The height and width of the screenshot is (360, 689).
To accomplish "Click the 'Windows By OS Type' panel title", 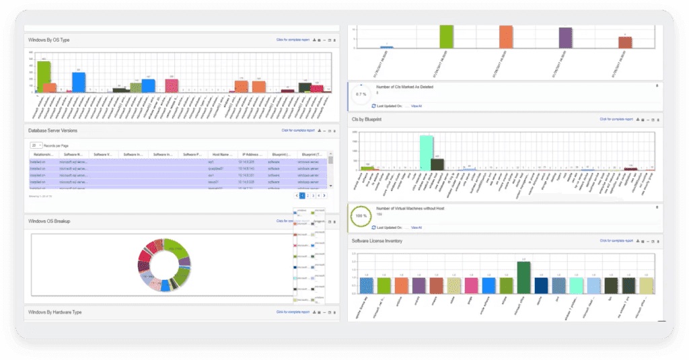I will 49,40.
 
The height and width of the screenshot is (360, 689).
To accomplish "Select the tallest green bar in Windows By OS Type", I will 44,77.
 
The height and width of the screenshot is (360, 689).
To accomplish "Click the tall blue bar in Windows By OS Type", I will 79,82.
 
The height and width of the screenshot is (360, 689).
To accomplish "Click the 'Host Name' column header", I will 221,155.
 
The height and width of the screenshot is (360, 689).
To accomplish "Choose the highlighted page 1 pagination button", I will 302,195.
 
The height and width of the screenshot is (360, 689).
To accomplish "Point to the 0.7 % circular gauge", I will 361,94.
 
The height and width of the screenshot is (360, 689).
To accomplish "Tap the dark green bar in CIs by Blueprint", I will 437,164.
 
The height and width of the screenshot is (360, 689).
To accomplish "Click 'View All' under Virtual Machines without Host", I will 416,228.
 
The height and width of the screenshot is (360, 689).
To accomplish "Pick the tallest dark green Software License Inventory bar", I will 524,277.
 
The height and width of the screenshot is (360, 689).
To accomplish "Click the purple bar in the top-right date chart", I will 565,38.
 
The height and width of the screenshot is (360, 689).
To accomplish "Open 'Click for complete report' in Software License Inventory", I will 616,240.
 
